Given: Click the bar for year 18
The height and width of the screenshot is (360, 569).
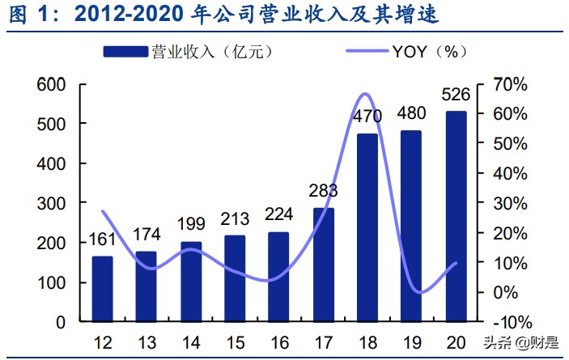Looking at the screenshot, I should click(x=367, y=227).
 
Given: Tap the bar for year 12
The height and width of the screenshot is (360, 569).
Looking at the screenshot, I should click(x=102, y=289).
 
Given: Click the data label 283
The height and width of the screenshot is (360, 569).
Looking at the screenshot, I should click(x=324, y=191).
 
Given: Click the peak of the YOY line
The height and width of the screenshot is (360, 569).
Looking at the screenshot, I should click(x=365, y=95).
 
